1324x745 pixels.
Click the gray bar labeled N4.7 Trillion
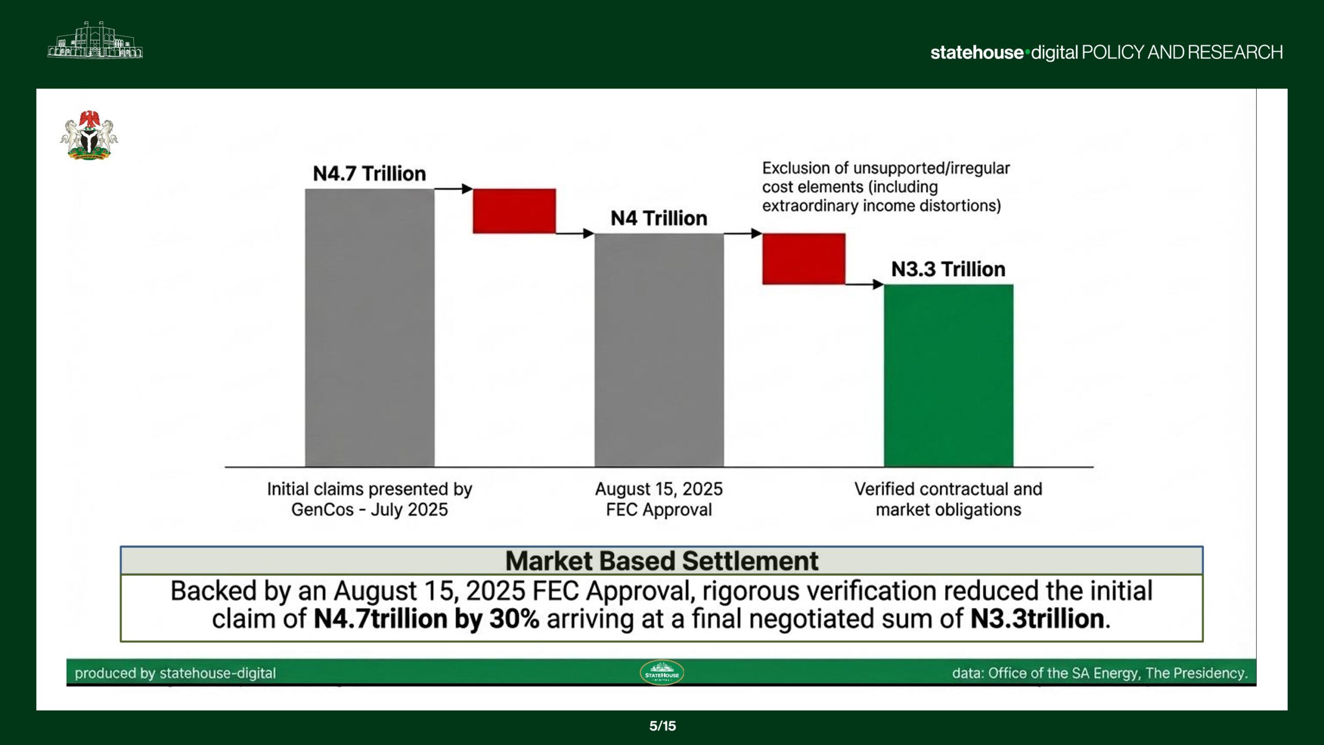tap(369, 327)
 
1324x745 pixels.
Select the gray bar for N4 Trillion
tap(659, 350)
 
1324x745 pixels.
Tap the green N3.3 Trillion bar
tap(948, 376)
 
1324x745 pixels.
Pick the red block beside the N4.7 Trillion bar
tap(514, 211)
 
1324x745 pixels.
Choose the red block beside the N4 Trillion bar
tap(804, 259)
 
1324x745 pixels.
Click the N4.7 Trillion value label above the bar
tap(369, 174)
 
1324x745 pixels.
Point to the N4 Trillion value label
tap(658, 218)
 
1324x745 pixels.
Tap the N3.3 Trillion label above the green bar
tap(948, 270)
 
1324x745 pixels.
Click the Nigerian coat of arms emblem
tap(89, 136)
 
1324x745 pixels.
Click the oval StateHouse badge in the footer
tap(661, 673)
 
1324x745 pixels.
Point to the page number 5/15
tap(662, 726)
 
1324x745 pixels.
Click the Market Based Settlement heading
tap(661, 561)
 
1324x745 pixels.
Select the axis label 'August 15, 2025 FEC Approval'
tap(658, 499)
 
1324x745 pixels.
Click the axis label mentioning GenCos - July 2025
tap(369, 499)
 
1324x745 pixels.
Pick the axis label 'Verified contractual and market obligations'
tap(948, 499)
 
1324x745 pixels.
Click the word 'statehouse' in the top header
tap(976, 52)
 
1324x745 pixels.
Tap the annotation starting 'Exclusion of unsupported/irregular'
tap(885, 187)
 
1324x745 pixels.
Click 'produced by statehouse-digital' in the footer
tap(175, 673)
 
